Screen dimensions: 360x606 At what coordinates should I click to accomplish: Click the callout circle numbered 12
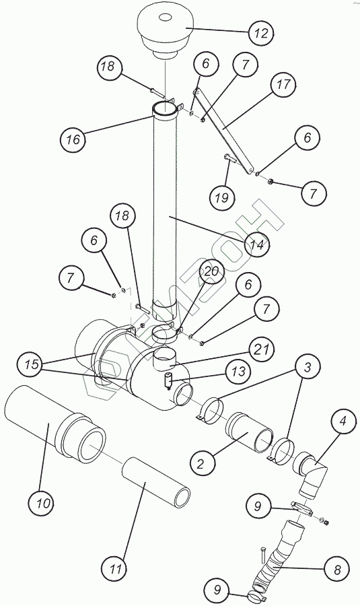point(261,33)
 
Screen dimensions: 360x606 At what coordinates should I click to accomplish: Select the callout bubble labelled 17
point(283,84)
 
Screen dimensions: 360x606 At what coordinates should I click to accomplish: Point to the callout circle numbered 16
point(73,139)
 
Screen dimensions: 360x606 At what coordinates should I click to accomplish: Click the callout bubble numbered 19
point(221,198)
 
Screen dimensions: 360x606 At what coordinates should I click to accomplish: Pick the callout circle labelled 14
point(257,244)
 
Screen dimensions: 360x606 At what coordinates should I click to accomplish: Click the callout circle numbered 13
point(239,372)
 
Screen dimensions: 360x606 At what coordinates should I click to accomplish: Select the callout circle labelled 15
point(32,364)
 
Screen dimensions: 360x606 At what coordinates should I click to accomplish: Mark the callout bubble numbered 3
point(308,367)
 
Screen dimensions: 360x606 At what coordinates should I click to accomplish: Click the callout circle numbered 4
point(343,422)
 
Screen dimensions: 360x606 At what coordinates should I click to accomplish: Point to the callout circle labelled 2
point(200,463)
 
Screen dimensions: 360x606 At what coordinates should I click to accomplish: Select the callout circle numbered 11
point(115,569)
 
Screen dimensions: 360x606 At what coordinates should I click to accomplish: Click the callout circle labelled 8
point(337,570)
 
